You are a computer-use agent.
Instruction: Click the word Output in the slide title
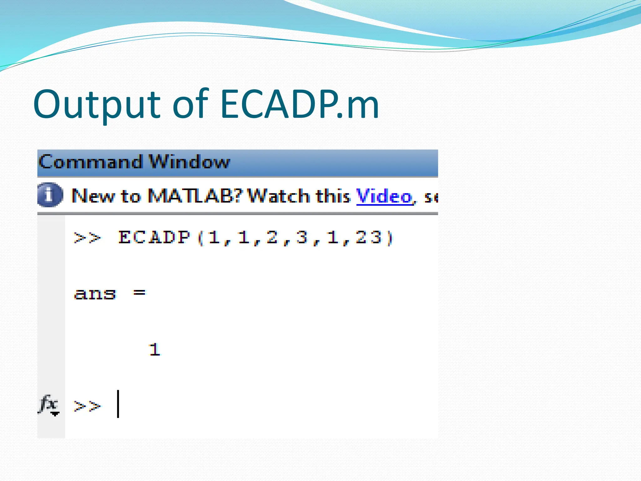coord(97,105)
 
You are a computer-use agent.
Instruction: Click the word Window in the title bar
coord(189,162)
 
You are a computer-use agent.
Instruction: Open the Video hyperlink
coord(384,197)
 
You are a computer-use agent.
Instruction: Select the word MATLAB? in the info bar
coord(195,196)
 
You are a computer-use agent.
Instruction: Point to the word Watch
coord(279,196)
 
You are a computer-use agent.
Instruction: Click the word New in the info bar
coord(93,196)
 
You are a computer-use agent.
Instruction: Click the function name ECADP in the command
coord(154,237)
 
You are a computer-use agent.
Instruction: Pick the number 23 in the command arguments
coord(369,237)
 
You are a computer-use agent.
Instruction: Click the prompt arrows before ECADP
coord(87,238)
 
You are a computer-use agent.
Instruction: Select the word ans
coord(95,294)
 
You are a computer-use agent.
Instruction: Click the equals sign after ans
coord(139,293)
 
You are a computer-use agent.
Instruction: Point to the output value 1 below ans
coord(154,350)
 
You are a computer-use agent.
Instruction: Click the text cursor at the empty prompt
coord(118,404)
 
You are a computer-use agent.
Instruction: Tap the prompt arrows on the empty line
coord(87,406)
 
